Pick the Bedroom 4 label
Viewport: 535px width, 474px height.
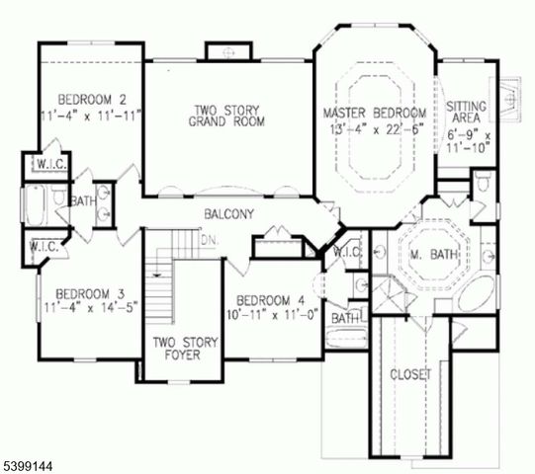[x=269, y=300]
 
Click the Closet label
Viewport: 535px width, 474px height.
[x=408, y=374]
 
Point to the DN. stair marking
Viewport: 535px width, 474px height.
[x=208, y=240]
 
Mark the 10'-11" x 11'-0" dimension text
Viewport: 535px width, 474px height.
[x=269, y=315]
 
